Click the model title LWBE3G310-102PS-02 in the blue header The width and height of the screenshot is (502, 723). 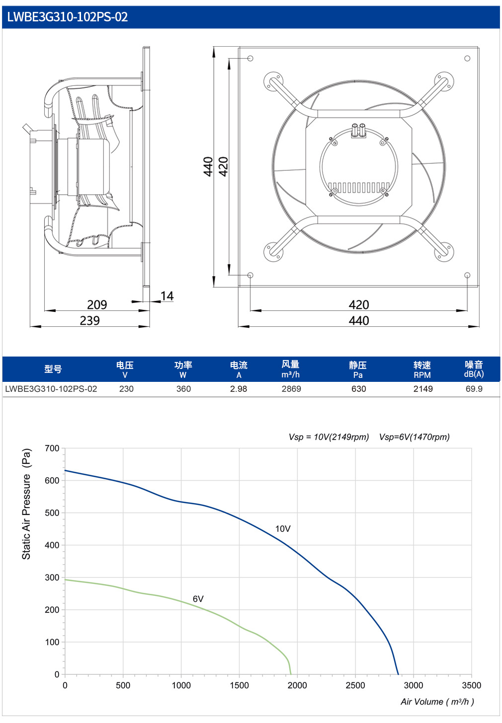point(68,17)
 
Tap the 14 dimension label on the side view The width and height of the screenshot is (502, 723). point(167,296)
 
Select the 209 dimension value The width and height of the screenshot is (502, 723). point(97,305)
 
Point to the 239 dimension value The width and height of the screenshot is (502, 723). point(90,320)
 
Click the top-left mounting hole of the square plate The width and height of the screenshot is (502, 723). point(250,59)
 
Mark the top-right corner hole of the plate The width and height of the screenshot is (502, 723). point(467,59)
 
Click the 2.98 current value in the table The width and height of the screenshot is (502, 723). point(239,389)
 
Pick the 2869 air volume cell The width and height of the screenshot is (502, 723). point(291,389)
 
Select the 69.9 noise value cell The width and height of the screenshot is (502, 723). point(474,389)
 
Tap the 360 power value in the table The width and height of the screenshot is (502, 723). point(183,389)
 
